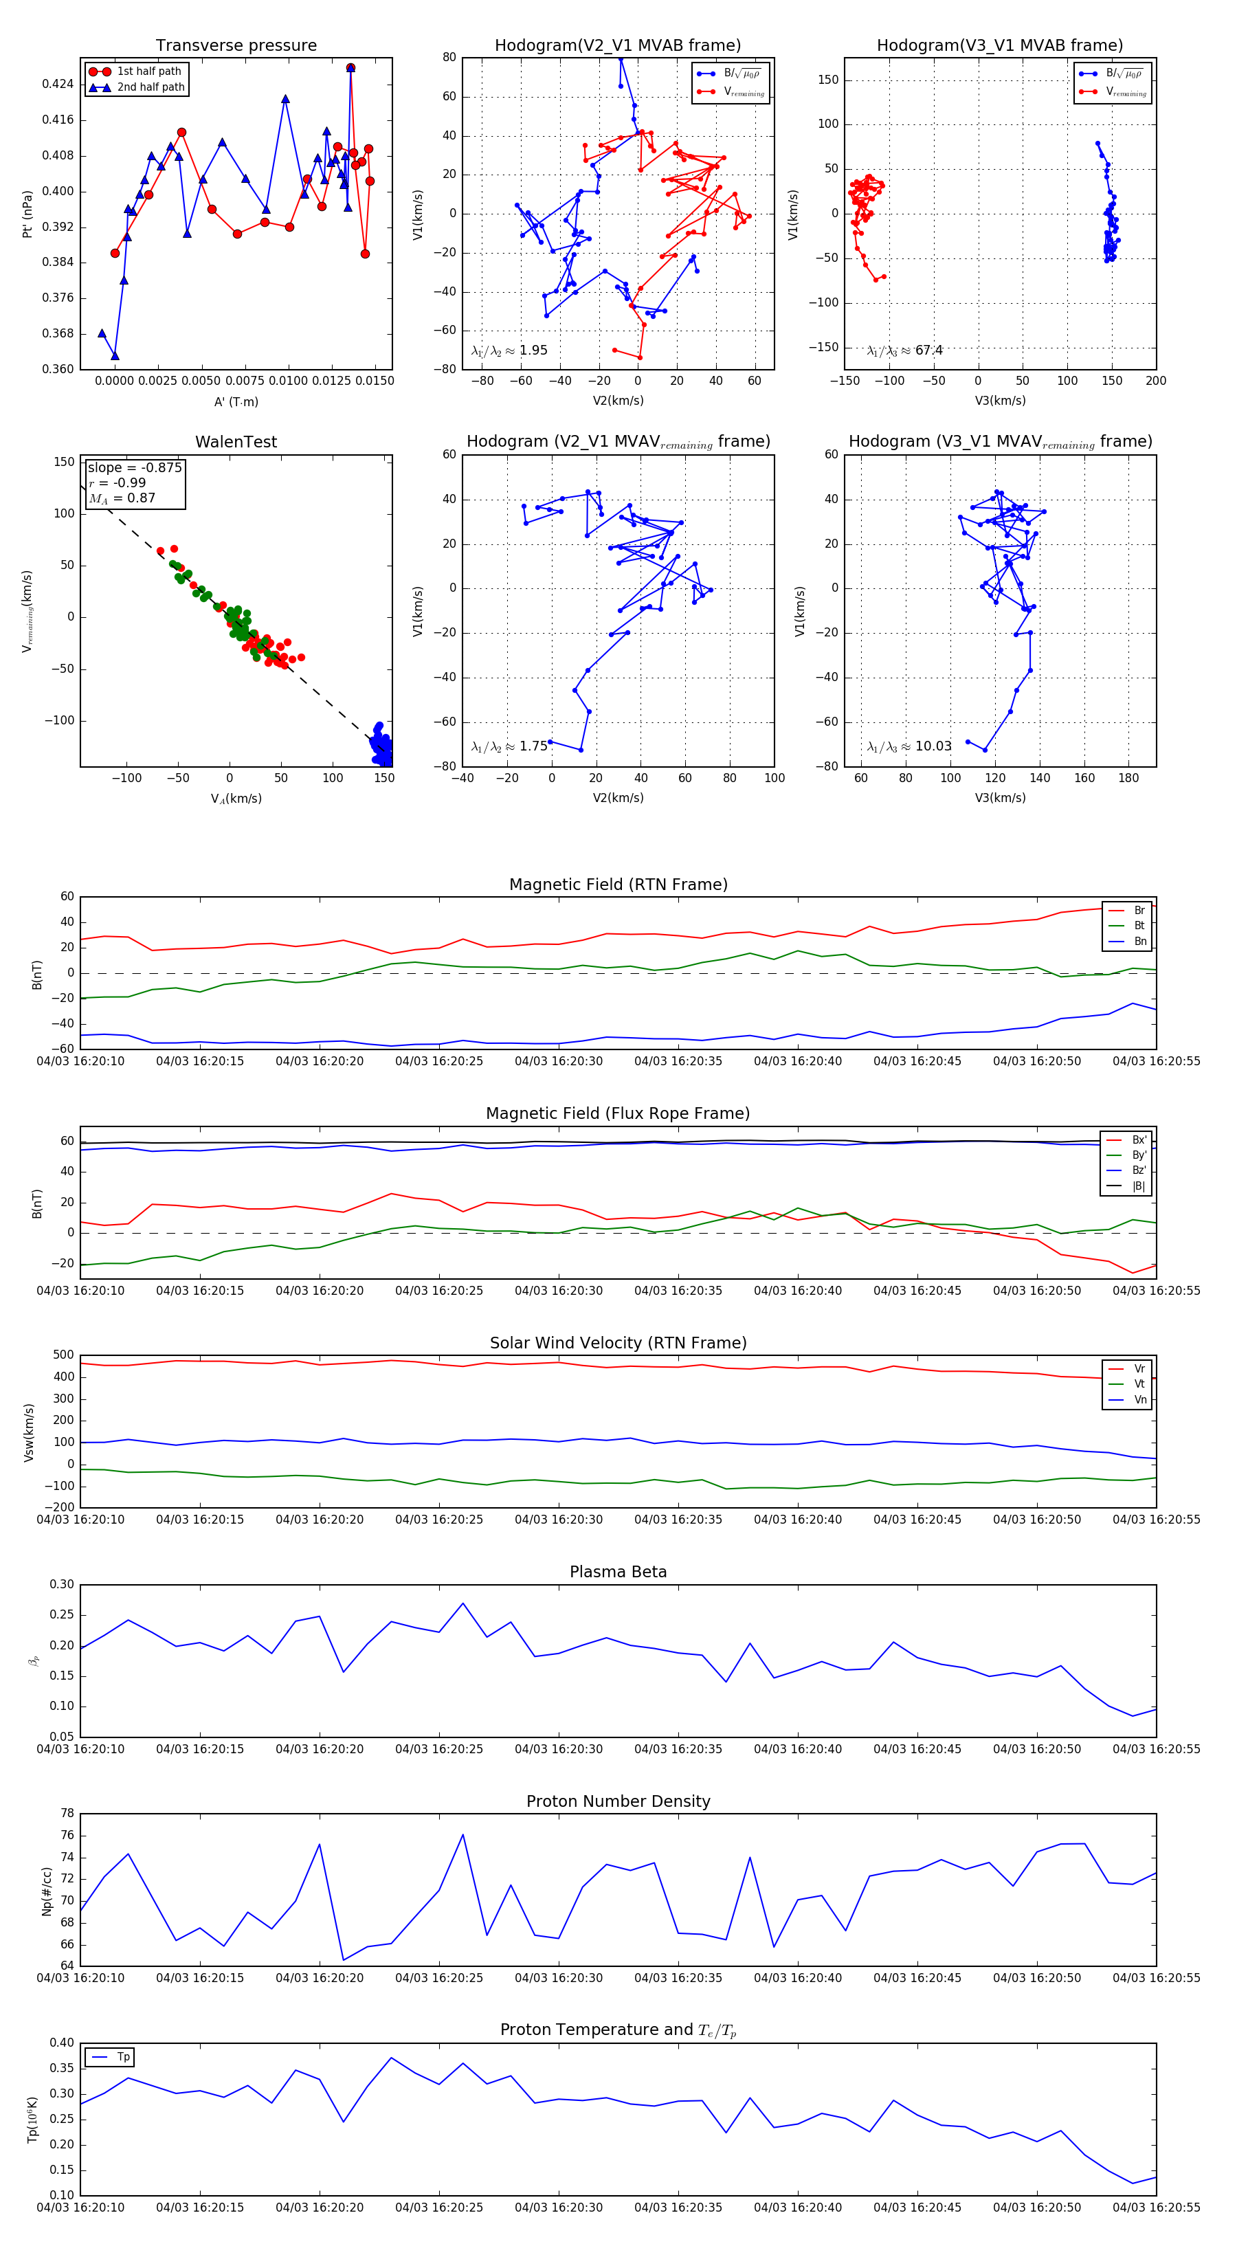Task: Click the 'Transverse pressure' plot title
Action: [x=236, y=46]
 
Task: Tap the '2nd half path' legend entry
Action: [x=151, y=87]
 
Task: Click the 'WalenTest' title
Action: [x=236, y=442]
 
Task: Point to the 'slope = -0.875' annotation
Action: [x=135, y=467]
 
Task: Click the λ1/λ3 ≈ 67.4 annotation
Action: [x=904, y=351]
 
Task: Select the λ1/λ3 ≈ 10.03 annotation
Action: [x=909, y=746]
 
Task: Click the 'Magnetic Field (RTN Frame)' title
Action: [x=618, y=885]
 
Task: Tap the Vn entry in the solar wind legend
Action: [x=1140, y=1400]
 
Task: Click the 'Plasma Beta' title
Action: [x=618, y=1572]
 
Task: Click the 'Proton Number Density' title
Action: [x=618, y=1801]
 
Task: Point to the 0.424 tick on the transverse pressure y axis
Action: [x=58, y=85]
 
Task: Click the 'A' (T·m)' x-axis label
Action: [x=236, y=402]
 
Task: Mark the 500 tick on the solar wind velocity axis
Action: [x=63, y=1356]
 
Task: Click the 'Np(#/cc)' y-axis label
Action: [x=47, y=1891]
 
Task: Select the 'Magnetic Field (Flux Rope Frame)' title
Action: [x=618, y=1114]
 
